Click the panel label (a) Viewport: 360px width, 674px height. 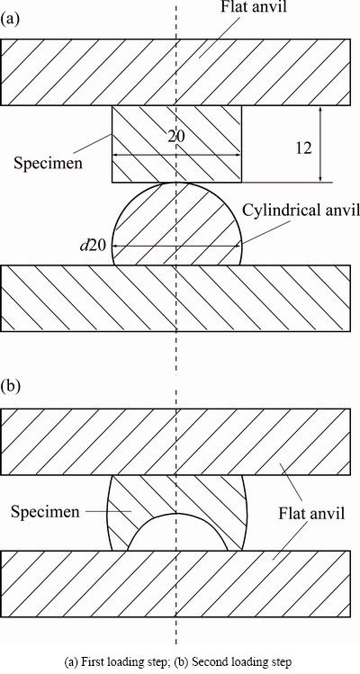10,19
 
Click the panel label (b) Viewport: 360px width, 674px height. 11,386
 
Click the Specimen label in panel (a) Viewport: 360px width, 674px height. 49,164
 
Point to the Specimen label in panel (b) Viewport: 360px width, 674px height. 45,512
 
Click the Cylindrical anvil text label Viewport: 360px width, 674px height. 301,211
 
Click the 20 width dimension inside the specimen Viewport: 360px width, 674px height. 176,137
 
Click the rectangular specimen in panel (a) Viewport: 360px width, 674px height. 176,144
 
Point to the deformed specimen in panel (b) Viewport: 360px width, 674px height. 176,494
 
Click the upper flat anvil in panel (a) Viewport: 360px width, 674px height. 175,72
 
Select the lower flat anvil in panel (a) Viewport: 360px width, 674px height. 175,299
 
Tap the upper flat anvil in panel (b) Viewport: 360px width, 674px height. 175,442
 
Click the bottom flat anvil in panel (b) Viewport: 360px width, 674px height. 175,584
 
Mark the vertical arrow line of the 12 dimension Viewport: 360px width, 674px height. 320,144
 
